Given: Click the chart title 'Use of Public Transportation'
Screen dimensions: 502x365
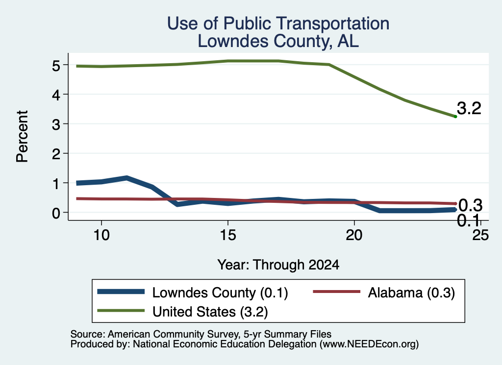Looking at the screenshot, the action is [278, 24].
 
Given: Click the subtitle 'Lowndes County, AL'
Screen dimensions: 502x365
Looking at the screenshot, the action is [278, 41].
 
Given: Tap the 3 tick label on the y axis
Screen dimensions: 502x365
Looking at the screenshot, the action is [56, 124].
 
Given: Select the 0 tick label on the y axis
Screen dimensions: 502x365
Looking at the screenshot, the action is [56, 213].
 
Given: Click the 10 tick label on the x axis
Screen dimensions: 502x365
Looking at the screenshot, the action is [101, 235].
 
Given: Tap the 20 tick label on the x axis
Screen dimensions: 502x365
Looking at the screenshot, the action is [354, 235].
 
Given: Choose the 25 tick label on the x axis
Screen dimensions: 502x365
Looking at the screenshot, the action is [480, 235].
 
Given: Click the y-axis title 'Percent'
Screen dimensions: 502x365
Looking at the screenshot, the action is [22, 136].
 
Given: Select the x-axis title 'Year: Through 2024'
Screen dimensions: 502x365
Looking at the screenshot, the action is [278, 265].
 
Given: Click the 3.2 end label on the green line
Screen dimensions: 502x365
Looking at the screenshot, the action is [469, 108].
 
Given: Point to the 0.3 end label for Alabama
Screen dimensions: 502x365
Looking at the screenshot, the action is [470, 205].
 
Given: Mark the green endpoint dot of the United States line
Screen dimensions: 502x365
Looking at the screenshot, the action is [455, 117].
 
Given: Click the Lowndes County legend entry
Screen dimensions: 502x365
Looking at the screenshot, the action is [193, 292].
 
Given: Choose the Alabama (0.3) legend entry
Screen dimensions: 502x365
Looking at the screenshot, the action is [384, 292].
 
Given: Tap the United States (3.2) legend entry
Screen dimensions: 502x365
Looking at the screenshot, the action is [182, 311].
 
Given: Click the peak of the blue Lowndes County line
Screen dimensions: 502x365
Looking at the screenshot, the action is [127, 178].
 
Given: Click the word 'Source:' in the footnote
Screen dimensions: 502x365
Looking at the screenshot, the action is [88, 334].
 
